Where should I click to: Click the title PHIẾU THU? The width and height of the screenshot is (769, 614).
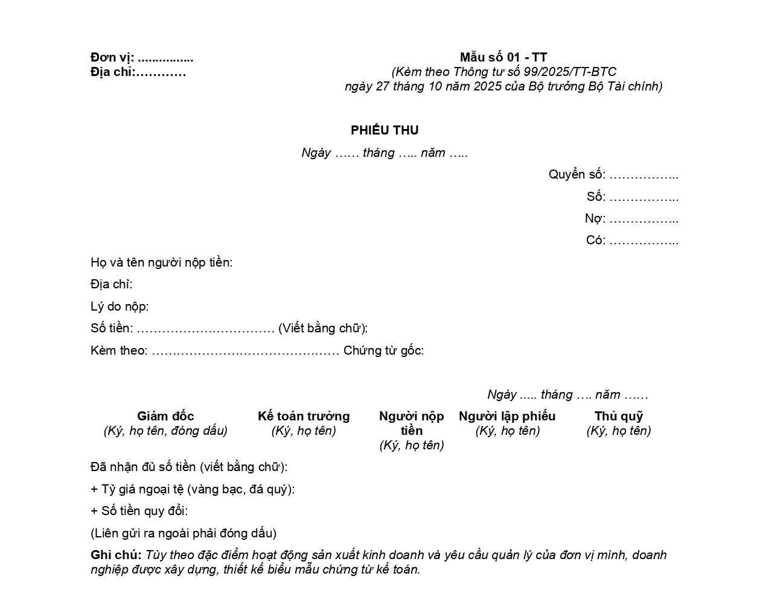pyautogui.click(x=384, y=130)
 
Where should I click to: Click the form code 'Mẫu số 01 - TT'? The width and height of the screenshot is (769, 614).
pyautogui.click(x=503, y=57)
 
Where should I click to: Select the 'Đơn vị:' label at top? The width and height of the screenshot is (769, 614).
pyautogui.click(x=112, y=58)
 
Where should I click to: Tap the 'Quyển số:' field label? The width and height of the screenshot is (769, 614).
pyautogui.click(x=576, y=175)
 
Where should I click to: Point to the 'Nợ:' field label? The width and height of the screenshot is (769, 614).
pyautogui.click(x=595, y=218)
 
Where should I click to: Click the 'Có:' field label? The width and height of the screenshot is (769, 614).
pyautogui.click(x=595, y=240)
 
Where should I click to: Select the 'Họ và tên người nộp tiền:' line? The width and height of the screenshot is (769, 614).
pyautogui.click(x=161, y=262)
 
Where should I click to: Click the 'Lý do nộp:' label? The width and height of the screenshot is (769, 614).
pyautogui.click(x=120, y=306)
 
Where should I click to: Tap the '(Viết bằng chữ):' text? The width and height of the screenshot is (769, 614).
pyautogui.click(x=323, y=328)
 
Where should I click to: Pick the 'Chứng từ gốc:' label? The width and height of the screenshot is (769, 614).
pyautogui.click(x=383, y=350)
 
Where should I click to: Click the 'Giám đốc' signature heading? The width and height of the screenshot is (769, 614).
pyautogui.click(x=165, y=416)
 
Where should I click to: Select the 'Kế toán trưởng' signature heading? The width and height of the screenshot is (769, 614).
pyautogui.click(x=304, y=416)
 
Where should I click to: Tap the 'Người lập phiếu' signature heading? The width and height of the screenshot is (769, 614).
pyautogui.click(x=507, y=416)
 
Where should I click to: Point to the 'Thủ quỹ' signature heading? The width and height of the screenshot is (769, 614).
pyautogui.click(x=619, y=416)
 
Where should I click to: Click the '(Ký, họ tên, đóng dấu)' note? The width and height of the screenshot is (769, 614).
pyautogui.click(x=165, y=431)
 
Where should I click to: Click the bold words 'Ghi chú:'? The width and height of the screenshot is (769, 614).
pyautogui.click(x=116, y=555)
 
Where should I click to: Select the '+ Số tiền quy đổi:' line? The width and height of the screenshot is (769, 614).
pyautogui.click(x=139, y=511)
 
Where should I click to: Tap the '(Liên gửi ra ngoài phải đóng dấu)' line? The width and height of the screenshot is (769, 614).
pyautogui.click(x=183, y=533)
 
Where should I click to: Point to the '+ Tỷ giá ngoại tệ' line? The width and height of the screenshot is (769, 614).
pyautogui.click(x=193, y=489)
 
